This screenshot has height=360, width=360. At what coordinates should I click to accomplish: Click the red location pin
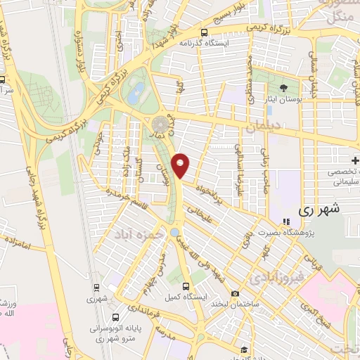pos(182,166)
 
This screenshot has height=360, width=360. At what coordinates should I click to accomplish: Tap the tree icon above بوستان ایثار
pos(283,88)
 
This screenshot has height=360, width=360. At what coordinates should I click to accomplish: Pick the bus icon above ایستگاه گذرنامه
pos(204,32)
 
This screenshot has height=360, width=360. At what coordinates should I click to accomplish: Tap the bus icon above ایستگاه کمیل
pos(186,286)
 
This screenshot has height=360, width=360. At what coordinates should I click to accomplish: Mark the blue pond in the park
pos(136,89)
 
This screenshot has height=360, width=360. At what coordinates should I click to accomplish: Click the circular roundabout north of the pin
pos(160,124)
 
